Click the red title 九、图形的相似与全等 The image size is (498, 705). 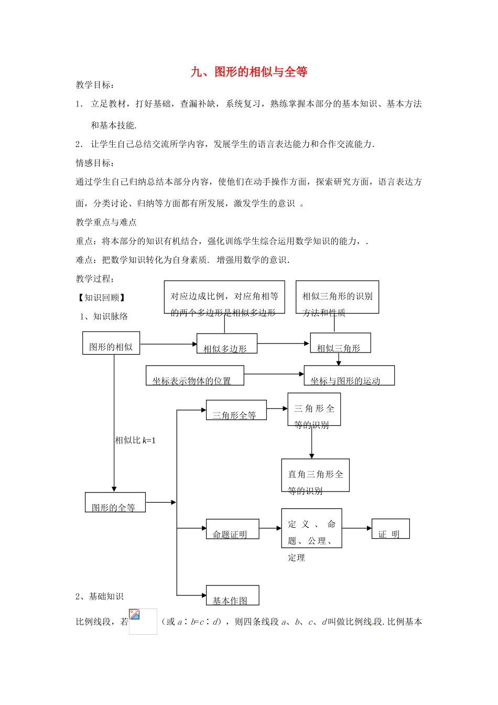point(249,72)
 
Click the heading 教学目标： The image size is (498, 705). point(95,85)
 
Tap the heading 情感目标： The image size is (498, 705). point(95,163)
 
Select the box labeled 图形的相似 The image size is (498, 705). point(111,343)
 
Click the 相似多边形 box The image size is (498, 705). point(227,344)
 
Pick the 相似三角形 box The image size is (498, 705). point(340,343)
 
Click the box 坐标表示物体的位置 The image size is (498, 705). point(194,376)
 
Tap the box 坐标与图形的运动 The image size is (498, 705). point(349,376)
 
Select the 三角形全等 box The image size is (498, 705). point(236,410)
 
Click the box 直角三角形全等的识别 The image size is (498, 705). point(315,476)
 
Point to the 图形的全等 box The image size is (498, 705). point(115,503)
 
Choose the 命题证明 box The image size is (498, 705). point(232,529)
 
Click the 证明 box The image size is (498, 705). point(391,529)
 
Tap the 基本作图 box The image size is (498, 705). point(232,595)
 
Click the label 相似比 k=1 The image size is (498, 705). point(135,441)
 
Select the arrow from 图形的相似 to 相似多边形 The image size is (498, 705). point(168,345)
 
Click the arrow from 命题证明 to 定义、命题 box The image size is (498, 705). point(270,528)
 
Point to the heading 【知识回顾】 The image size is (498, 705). point(102,297)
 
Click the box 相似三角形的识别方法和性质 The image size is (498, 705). point(337,297)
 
